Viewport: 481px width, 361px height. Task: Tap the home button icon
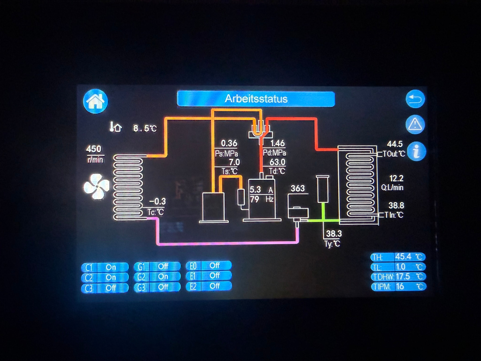(95, 101)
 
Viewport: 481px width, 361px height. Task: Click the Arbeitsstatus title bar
(256, 99)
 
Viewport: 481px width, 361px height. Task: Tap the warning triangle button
(415, 124)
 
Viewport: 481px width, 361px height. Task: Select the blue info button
(416, 151)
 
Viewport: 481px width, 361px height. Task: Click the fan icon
(97, 187)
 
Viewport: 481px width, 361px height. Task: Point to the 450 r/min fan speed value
(94, 149)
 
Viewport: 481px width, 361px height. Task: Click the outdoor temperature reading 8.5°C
(145, 128)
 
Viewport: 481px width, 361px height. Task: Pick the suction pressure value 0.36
(229, 143)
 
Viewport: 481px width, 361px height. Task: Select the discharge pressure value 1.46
(278, 143)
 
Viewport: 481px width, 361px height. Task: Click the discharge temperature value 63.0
(277, 162)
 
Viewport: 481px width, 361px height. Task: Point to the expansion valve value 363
(298, 188)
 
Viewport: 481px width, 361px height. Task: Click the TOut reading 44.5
(395, 144)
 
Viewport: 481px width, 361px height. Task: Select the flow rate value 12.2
(396, 178)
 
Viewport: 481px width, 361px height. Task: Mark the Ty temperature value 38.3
(334, 234)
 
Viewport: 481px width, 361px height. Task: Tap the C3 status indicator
(105, 288)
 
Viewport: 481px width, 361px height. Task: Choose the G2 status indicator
(157, 277)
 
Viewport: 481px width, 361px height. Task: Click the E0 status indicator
(209, 265)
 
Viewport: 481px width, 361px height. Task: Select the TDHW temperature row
(398, 277)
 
